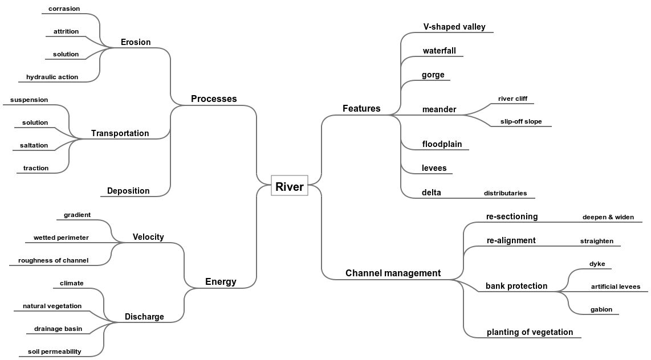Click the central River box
[x=289, y=186]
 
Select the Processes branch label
[x=214, y=99]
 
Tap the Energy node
[x=221, y=281]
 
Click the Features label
[x=361, y=109]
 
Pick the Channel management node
[x=393, y=273]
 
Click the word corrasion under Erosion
[x=64, y=9]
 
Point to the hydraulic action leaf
[x=52, y=77]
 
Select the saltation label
[x=34, y=145]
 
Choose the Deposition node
[x=128, y=191]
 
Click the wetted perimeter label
[x=61, y=238]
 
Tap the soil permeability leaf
[x=54, y=351]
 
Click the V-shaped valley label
[x=454, y=27]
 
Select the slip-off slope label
[x=521, y=121]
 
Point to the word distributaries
[x=505, y=193]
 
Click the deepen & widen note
[x=608, y=217]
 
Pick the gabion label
[x=601, y=309]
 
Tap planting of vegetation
[x=530, y=332]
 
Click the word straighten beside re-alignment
[x=597, y=241]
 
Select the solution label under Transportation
[x=35, y=122]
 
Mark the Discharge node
[x=144, y=317]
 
